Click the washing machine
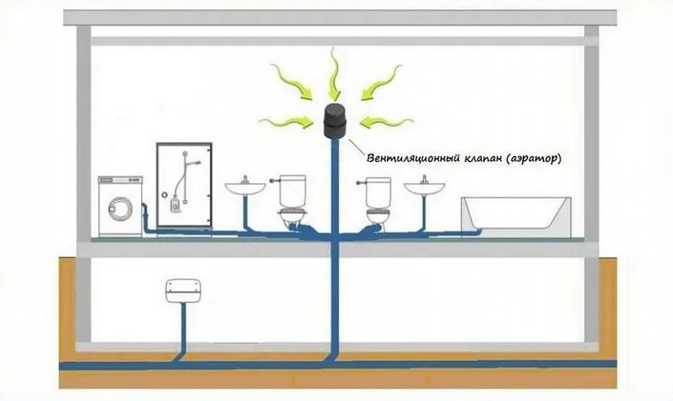pyautogui.click(x=120, y=206)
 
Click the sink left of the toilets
pyautogui.click(x=245, y=187)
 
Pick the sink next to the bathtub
pyautogui.click(x=425, y=187)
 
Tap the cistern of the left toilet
pyautogui.click(x=291, y=192)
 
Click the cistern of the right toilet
pyautogui.click(x=379, y=192)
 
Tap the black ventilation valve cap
pyautogui.click(x=335, y=122)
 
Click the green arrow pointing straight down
pyautogui.click(x=334, y=71)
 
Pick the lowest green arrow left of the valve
pyautogui.click(x=287, y=122)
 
